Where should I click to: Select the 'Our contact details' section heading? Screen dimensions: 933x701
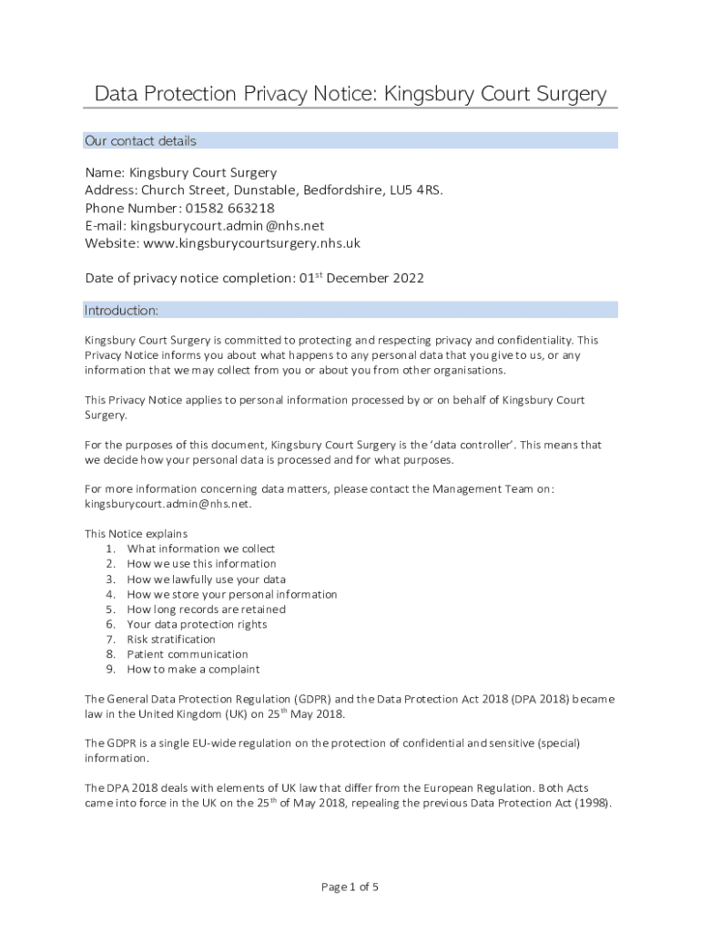(x=140, y=141)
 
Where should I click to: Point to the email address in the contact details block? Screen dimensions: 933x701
(x=227, y=226)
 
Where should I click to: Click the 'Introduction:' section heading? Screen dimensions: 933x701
(x=121, y=311)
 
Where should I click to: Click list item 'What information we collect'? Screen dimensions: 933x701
(x=200, y=549)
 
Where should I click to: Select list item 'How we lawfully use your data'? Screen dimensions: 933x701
(x=206, y=579)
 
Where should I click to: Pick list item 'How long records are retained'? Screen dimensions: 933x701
(x=206, y=610)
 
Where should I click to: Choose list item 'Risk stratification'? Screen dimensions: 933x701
(x=171, y=640)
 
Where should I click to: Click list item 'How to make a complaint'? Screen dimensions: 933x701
(x=193, y=670)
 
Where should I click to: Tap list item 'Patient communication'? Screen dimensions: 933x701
(x=187, y=654)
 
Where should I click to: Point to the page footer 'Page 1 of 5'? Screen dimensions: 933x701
(x=350, y=887)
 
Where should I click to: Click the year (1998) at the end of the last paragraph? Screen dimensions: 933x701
(x=592, y=804)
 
